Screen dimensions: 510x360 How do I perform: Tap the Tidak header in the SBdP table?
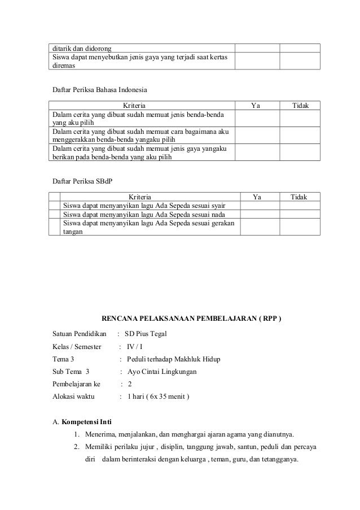pyautogui.click(x=298, y=197)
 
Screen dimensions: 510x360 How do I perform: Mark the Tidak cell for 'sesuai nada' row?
pyautogui.click(x=299, y=214)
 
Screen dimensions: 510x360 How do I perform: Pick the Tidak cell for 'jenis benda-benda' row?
pyautogui.click(x=299, y=118)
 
